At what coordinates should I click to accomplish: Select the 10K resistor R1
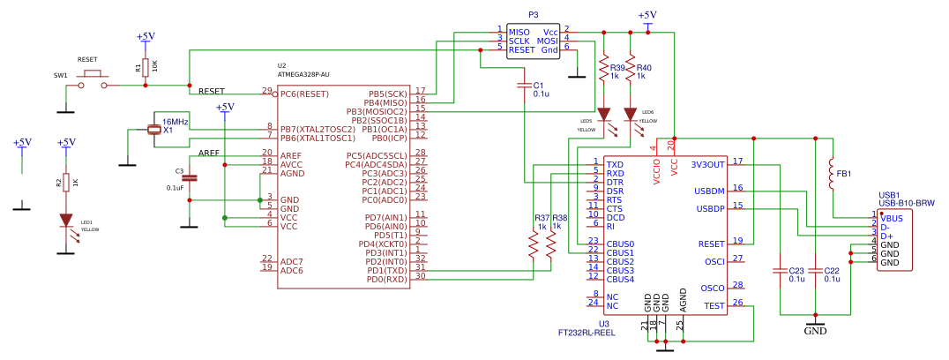tap(146, 67)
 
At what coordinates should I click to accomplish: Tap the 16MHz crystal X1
tap(155, 131)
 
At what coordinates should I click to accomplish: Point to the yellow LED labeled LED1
tap(66, 221)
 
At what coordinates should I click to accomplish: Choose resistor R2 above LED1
tap(66, 183)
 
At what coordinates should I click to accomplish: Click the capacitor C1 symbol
tap(525, 86)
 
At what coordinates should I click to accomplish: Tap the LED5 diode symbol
tap(604, 115)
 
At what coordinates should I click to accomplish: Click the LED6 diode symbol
tap(631, 115)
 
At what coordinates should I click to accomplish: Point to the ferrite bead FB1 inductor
tap(832, 174)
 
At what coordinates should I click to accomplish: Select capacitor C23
tap(780, 272)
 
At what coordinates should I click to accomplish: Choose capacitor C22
tap(816, 272)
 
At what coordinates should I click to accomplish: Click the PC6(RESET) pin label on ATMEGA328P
tap(304, 94)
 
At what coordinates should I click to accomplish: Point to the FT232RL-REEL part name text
tap(587, 334)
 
